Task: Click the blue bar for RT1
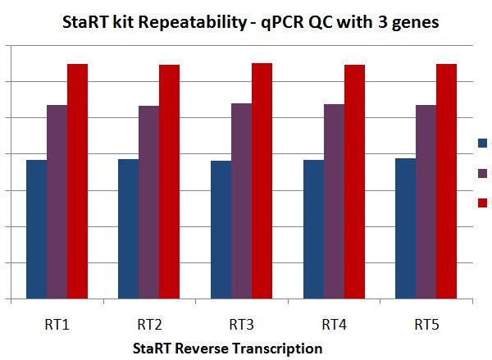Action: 36,230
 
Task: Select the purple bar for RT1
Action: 57,203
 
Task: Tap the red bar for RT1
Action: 77,181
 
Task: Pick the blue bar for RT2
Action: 129,230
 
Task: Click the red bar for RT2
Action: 169,182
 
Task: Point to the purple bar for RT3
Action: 241,202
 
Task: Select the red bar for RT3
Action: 262,181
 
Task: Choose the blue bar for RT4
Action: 313,230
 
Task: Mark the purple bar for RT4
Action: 334,202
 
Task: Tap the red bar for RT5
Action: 446,181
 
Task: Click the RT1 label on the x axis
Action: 57,325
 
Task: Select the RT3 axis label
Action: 241,325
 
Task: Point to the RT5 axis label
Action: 426,325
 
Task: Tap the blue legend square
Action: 483,144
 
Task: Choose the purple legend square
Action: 483,173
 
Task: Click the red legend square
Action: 483,203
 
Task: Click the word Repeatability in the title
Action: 190,23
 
